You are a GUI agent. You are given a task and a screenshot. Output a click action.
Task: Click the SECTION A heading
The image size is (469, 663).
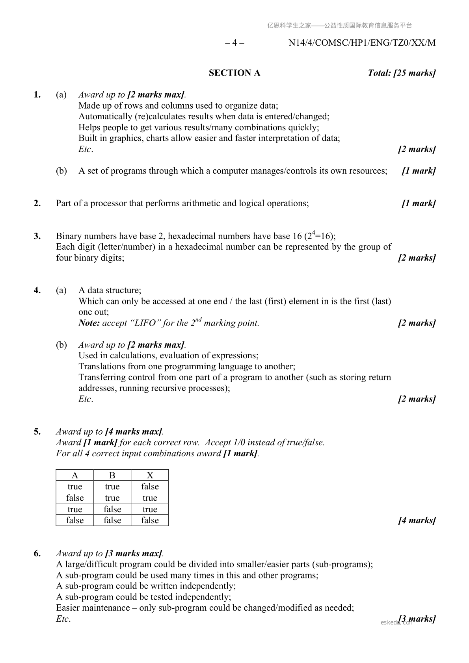234,73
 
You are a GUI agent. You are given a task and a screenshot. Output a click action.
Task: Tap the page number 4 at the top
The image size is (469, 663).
234,43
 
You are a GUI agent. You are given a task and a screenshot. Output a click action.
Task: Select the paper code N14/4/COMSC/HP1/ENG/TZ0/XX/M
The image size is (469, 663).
362,43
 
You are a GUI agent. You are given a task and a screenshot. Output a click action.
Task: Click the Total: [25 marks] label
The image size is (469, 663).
401,73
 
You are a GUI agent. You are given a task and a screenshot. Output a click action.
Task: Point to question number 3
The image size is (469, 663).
37,236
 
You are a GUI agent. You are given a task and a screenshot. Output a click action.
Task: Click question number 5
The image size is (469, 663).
37,432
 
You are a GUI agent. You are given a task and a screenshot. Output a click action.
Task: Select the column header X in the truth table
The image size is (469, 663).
150,475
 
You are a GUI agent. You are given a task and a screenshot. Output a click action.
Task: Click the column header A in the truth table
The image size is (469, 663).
75,475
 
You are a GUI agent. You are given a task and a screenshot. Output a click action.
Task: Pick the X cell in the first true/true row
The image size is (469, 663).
150,487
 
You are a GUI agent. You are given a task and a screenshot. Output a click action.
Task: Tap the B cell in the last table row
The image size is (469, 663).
112,520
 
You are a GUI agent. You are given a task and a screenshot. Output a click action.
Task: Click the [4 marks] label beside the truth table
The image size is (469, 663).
417,520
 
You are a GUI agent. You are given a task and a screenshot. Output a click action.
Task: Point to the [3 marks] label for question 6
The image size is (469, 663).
417,619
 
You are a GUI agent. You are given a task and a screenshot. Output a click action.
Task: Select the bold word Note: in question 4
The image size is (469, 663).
89,323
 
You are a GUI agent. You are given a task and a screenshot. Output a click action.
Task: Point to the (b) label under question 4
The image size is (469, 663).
61,345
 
